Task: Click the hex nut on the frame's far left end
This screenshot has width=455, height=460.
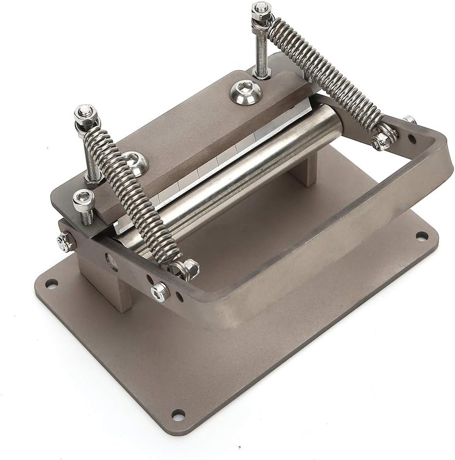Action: [x=64, y=242]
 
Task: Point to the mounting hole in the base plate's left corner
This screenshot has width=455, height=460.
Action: [x=51, y=283]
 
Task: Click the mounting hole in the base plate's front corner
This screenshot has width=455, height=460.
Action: [x=178, y=413]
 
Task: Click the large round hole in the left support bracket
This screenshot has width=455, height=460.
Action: [x=111, y=261]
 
